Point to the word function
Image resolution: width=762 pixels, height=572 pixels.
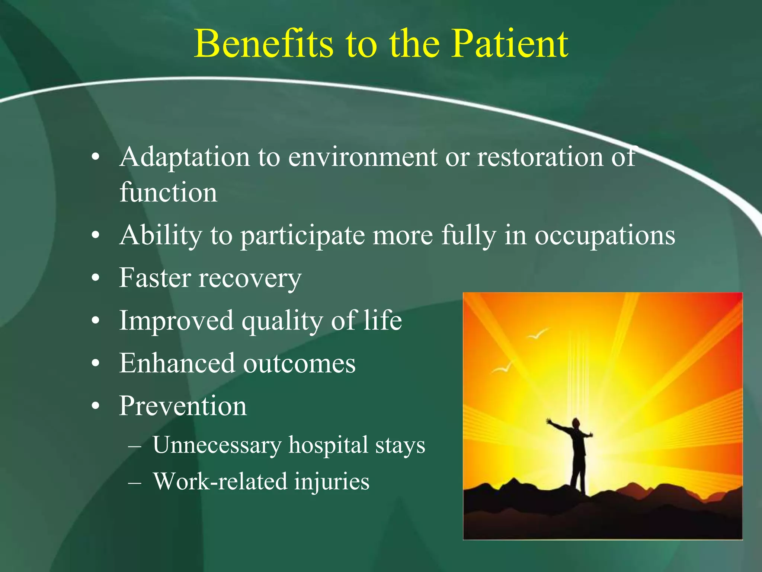click(168, 193)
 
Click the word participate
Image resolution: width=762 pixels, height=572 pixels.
click(302, 236)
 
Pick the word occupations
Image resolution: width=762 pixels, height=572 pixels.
click(605, 236)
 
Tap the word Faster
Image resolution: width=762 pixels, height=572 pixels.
click(154, 278)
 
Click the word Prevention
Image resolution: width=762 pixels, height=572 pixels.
click(183, 406)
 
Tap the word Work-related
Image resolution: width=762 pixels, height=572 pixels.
click(219, 481)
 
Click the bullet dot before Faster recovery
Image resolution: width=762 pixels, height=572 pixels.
click(96, 279)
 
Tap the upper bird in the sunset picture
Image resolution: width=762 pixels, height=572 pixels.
click(538, 334)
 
